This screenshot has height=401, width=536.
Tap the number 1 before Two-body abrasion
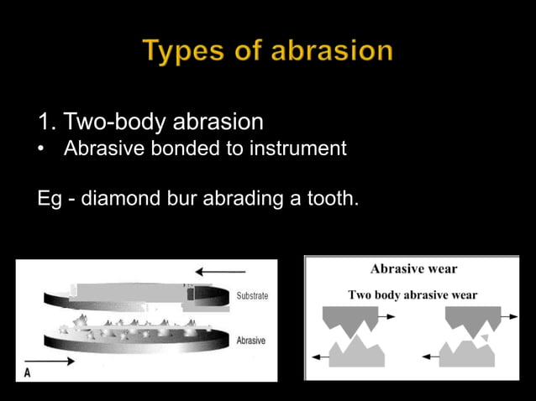pos(45,122)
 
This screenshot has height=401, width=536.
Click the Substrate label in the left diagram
pos(252,296)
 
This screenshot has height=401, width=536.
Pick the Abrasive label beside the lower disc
pos(251,341)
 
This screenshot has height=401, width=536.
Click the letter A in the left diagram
pos(28,372)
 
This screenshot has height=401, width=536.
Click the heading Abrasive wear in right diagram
pos(413,269)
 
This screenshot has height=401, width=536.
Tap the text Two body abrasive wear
pos(413,294)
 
